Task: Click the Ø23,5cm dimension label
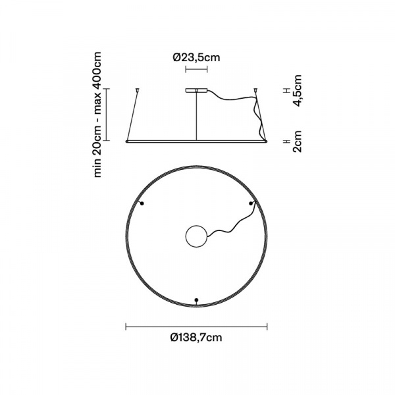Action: coord(196,57)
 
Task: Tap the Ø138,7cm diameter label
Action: coord(196,337)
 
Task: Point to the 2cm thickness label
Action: coord(297,141)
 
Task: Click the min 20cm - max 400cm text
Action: coord(97,115)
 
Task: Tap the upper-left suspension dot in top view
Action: coord(142,203)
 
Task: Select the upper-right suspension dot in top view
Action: coord(251,203)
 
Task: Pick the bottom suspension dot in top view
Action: coord(196,300)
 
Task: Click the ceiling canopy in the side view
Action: coord(196,90)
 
